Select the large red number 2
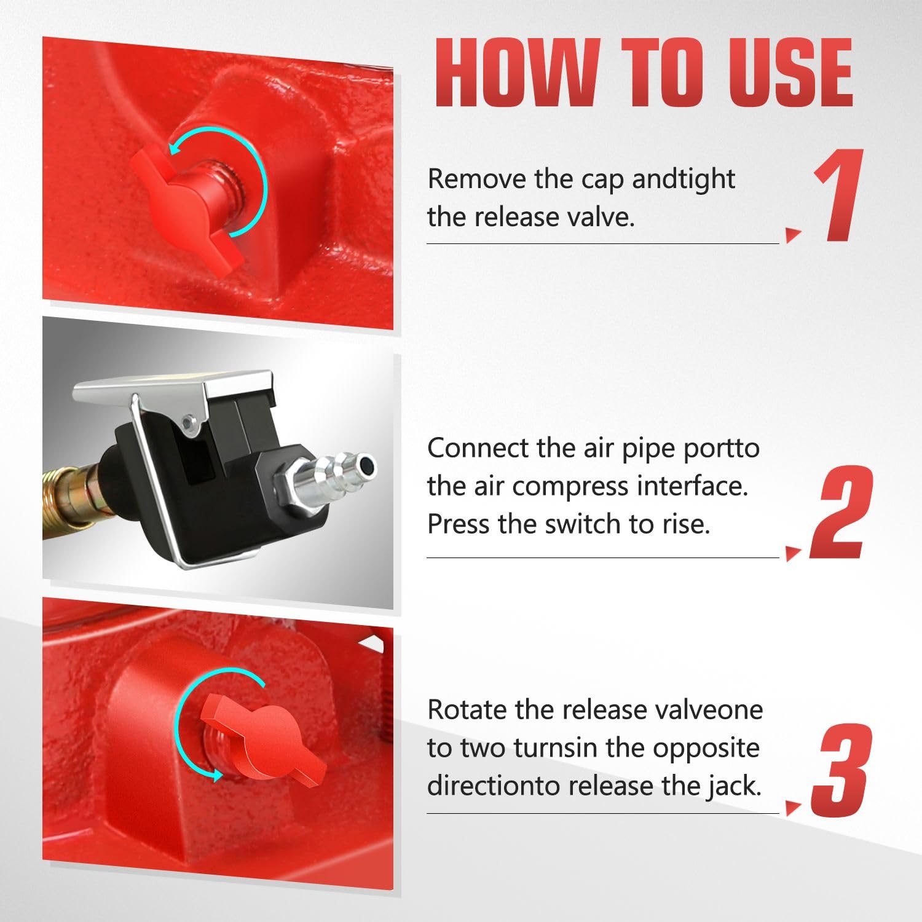tap(841, 511)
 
